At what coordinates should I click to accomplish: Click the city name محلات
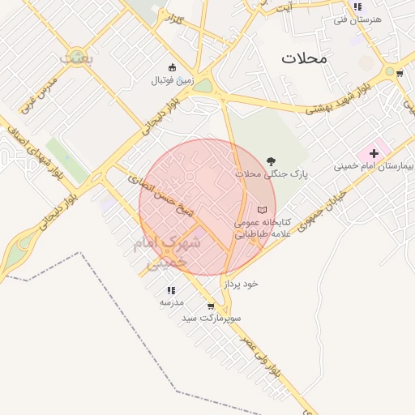coord(304,58)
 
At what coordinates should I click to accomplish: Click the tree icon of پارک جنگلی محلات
coord(270,160)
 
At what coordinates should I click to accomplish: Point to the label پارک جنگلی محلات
coord(260,174)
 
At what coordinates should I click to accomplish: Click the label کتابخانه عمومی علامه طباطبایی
coord(257,228)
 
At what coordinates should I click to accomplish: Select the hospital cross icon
coord(374,152)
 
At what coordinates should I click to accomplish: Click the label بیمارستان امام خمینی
coord(374,166)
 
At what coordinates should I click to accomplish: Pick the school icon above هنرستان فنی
coord(357,6)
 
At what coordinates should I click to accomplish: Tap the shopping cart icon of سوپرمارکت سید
coord(211,306)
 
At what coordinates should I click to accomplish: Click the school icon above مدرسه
coord(171,289)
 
